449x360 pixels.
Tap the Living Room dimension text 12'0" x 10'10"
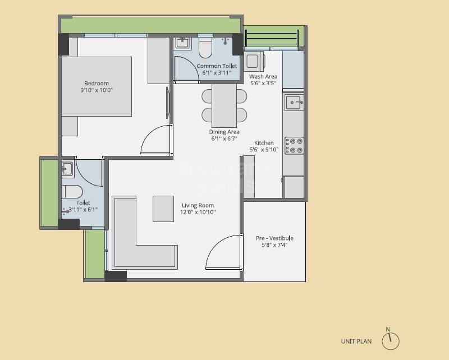198,213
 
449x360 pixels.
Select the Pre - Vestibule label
274,238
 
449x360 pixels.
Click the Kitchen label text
264,143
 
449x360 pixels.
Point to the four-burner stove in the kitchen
294,146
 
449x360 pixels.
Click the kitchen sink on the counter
294,103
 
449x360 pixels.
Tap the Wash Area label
263,77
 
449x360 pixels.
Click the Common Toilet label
217,66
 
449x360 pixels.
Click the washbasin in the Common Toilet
182,43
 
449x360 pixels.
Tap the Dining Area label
224,132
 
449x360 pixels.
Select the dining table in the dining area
224,105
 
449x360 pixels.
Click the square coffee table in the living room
163,209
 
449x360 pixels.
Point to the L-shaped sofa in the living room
135,241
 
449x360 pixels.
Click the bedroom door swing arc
154,140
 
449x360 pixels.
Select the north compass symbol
392,340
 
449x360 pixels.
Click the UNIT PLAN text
356,341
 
